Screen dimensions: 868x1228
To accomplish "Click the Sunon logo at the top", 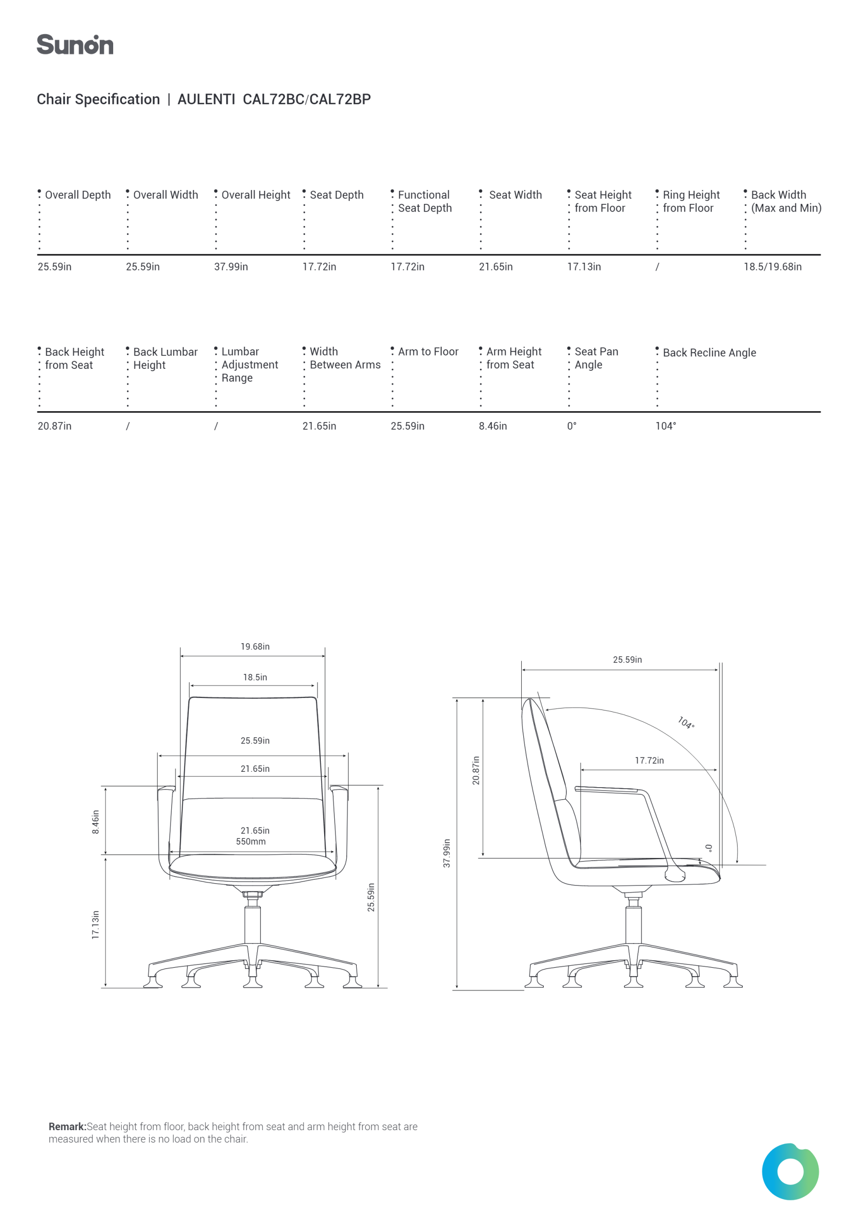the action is pyautogui.click(x=75, y=45).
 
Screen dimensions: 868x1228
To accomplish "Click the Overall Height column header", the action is pyautogui.click(x=256, y=195).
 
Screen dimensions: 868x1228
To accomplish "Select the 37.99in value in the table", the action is pyautogui.click(x=231, y=266).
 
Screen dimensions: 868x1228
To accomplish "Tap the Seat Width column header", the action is pyautogui.click(x=515, y=195).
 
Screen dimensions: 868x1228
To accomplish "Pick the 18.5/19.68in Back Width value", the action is pyautogui.click(x=772, y=266).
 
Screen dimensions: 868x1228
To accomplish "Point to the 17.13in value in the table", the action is pyautogui.click(x=584, y=266).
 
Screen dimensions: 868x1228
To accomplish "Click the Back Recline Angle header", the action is pyautogui.click(x=709, y=353).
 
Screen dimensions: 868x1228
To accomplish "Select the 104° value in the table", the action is pyautogui.click(x=665, y=426).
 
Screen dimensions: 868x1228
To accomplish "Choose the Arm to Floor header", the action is pyautogui.click(x=428, y=352).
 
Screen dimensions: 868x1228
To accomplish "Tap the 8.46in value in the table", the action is pyautogui.click(x=493, y=426).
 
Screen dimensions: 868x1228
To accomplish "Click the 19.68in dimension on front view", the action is pyautogui.click(x=255, y=647).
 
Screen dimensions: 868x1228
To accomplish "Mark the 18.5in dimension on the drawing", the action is pyautogui.click(x=255, y=677).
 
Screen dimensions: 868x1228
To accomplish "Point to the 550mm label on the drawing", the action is pyautogui.click(x=251, y=841).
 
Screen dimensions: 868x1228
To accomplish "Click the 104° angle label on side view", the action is pyautogui.click(x=686, y=722).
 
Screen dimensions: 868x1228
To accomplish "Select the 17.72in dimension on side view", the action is pyautogui.click(x=649, y=761).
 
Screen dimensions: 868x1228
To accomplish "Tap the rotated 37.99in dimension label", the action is pyautogui.click(x=446, y=853).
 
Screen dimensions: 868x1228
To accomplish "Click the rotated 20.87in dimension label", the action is pyautogui.click(x=476, y=770).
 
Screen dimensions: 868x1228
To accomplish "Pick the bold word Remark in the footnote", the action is pyautogui.click(x=68, y=1126).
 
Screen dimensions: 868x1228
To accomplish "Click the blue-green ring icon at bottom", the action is pyautogui.click(x=790, y=1172).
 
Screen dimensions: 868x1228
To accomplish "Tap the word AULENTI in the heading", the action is pyautogui.click(x=206, y=99).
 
